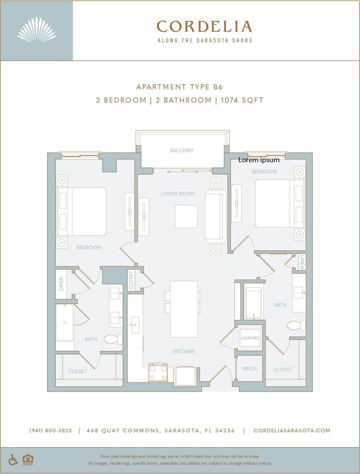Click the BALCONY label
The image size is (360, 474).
[182, 150]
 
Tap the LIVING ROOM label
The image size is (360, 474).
[178, 194]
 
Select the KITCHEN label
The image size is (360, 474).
[184, 352]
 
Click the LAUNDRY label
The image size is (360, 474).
[250, 338]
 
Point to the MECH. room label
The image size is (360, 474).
[250, 368]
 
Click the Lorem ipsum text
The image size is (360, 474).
[259, 160]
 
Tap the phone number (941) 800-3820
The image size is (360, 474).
[51, 431]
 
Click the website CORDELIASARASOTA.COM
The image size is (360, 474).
[292, 431]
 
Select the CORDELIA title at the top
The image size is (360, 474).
[204, 27]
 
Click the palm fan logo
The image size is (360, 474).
[37, 30]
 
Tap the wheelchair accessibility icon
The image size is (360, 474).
[13, 460]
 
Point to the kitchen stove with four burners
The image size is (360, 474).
[158, 373]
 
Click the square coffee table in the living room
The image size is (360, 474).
[186, 216]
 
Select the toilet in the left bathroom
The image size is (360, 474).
[113, 339]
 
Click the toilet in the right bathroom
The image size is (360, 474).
[296, 325]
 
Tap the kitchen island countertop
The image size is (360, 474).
[184, 309]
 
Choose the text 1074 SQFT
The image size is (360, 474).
[242, 100]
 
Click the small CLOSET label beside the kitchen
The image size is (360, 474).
[131, 280]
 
